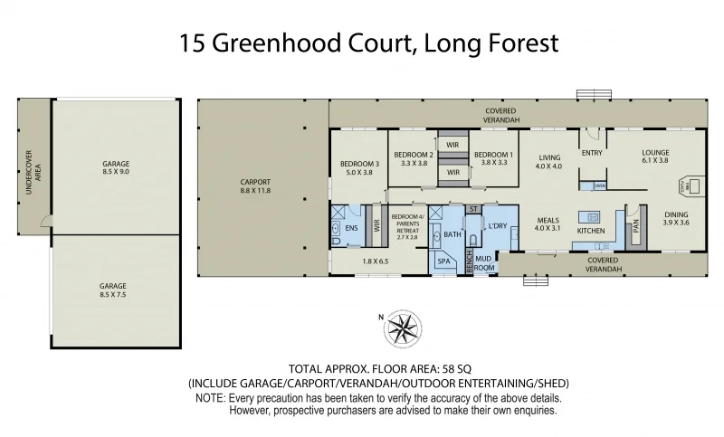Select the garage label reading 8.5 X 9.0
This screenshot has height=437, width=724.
(116, 169)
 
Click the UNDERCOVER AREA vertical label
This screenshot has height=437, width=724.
(33, 168)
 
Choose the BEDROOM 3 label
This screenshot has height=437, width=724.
(357, 169)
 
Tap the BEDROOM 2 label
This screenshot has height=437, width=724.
(413, 159)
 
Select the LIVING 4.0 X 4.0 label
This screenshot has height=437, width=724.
(548, 161)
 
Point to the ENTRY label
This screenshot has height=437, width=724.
(592, 153)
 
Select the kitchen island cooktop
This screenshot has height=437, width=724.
(594, 217)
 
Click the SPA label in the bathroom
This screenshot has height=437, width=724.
(443, 261)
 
